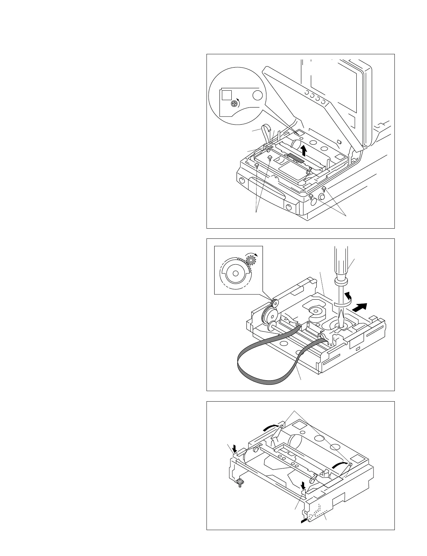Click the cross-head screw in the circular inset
[234, 103]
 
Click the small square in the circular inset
[227, 95]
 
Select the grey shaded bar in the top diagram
[295, 158]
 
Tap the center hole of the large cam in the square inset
[235, 273]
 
